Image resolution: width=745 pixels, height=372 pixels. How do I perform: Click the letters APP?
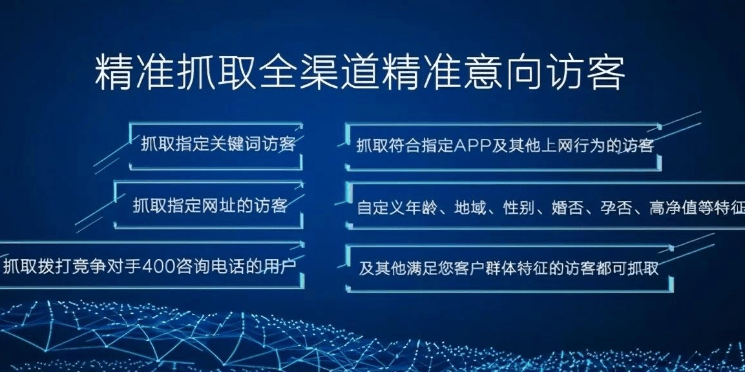(472, 145)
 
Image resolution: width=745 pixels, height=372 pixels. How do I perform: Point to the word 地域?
(470, 208)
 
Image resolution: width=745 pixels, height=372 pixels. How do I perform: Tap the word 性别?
(519, 208)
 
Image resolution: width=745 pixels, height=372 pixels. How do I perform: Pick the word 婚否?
(568, 208)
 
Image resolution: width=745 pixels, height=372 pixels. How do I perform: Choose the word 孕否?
(616, 208)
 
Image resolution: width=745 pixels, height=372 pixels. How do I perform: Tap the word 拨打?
(55, 265)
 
